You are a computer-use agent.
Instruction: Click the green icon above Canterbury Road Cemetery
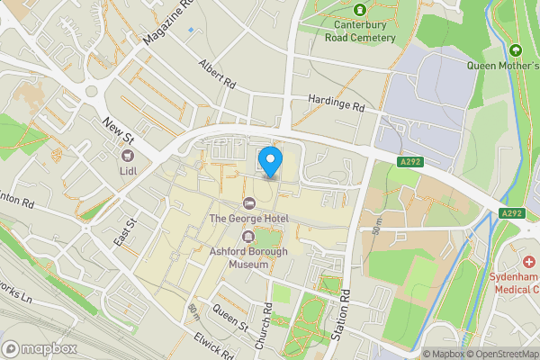pos(359,10)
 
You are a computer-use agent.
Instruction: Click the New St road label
pos(118,133)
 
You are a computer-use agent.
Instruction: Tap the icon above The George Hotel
pos(249,201)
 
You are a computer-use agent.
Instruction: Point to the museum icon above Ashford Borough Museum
pos(248,236)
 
